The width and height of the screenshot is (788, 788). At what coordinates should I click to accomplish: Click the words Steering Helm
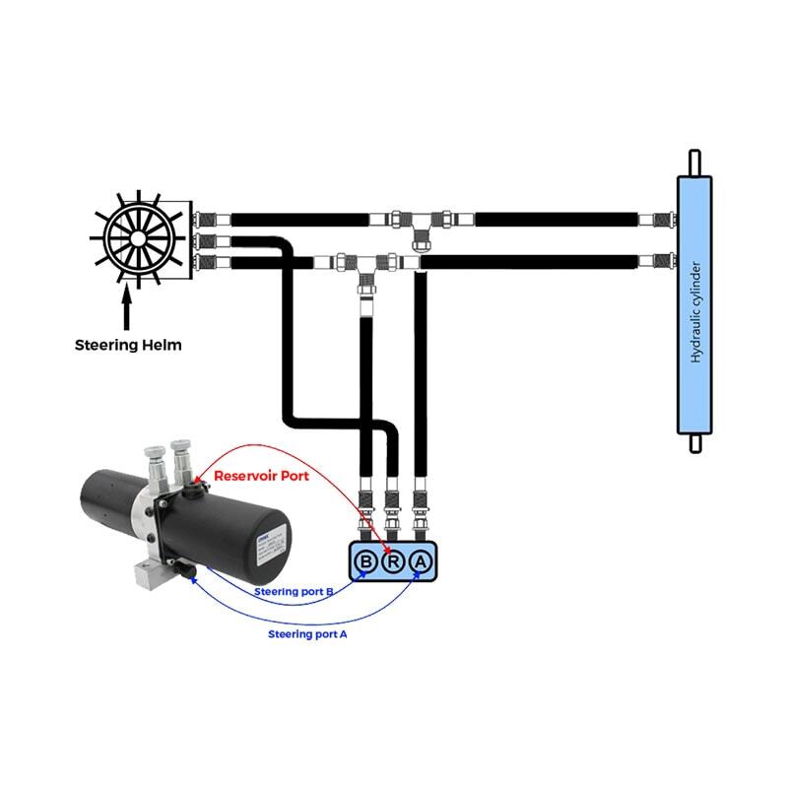click(x=128, y=345)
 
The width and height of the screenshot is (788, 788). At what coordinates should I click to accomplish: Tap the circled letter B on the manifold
click(x=366, y=562)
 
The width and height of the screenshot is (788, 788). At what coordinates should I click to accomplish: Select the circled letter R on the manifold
click(x=393, y=562)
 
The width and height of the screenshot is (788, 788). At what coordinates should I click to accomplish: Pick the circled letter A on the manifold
click(x=420, y=562)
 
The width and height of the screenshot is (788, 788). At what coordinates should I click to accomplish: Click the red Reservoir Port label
click(x=261, y=476)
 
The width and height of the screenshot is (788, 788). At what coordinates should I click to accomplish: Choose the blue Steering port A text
click(x=307, y=634)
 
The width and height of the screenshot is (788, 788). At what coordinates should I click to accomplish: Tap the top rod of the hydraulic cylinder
click(x=694, y=162)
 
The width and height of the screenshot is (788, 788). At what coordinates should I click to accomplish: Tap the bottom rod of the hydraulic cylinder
click(x=694, y=444)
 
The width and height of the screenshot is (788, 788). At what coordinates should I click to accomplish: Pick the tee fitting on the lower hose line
click(x=363, y=264)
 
